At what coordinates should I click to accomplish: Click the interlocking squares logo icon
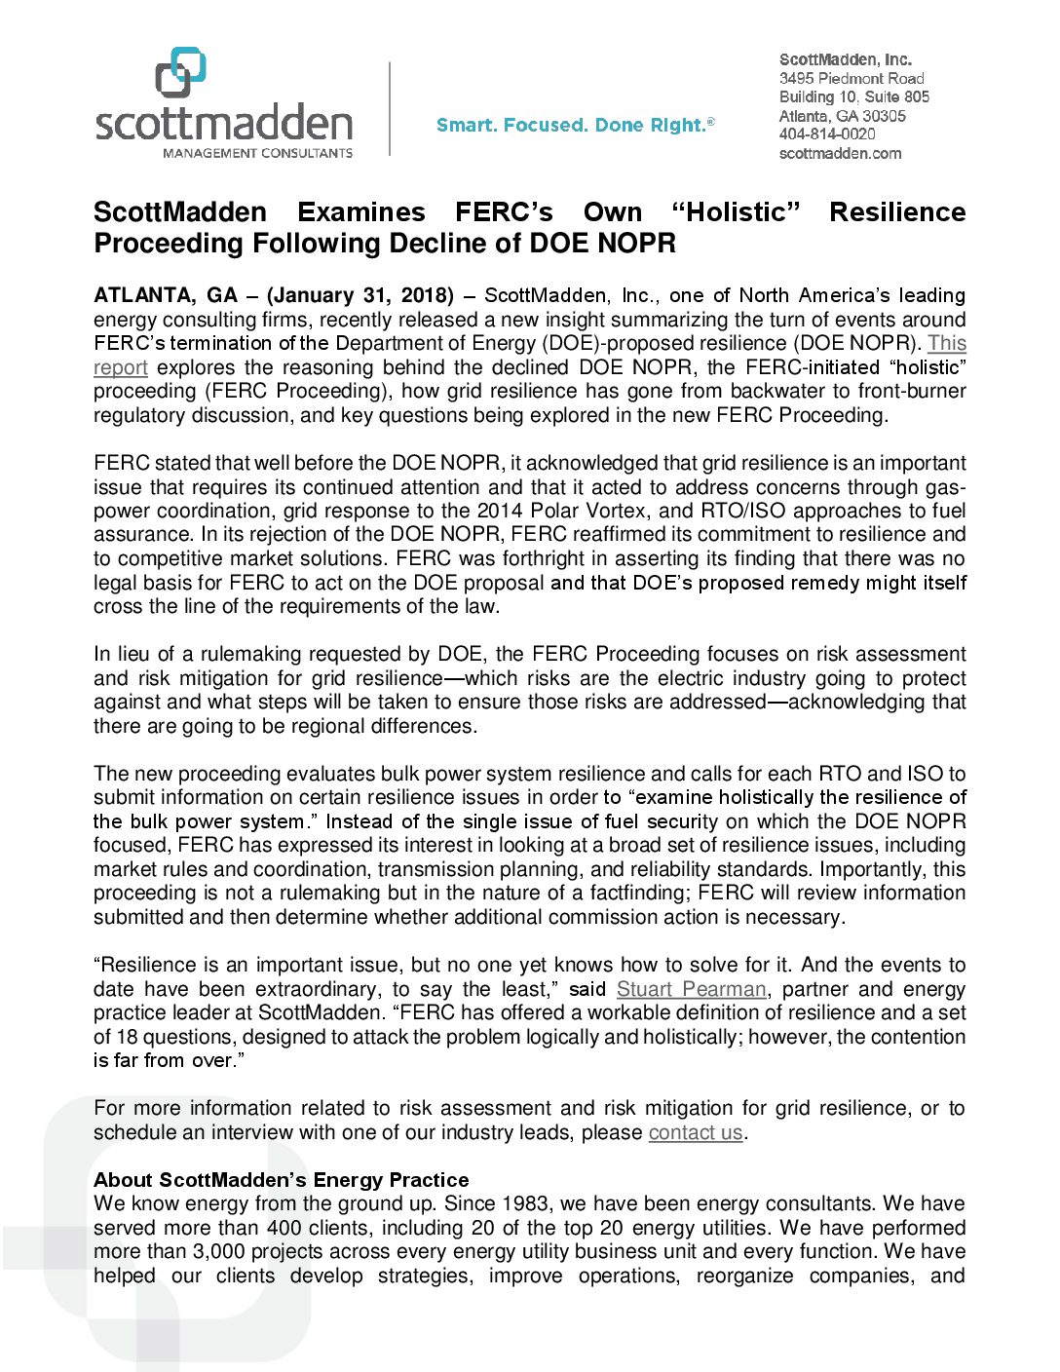pyautogui.click(x=180, y=72)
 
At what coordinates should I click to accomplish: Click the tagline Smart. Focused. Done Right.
pyautogui.click(x=575, y=125)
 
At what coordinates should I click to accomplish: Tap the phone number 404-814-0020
pyautogui.click(x=826, y=134)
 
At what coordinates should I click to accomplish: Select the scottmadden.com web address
pyautogui.click(x=840, y=153)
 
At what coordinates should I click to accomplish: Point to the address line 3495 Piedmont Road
pyautogui.click(x=851, y=78)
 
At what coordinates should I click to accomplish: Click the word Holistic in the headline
pyautogui.click(x=736, y=212)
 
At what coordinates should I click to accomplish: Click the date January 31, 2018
pyautogui.click(x=360, y=295)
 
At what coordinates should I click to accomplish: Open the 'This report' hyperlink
pyautogui.click(x=946, y=344)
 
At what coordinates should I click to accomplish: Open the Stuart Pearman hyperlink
pyautogui.click(x=691, y=989)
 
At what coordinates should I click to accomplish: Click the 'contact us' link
pyautogui.click(x=695, y=1132)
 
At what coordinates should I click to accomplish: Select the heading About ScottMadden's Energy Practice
pyautogui.click(x=281, y=1180)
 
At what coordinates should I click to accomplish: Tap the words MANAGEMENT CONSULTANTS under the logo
pyautogui.click(x=257, y=153)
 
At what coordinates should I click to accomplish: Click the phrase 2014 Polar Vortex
pyautogui.click(x=558, y=511)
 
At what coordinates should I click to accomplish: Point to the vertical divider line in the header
pyautogui.click(x=390, y=108)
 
